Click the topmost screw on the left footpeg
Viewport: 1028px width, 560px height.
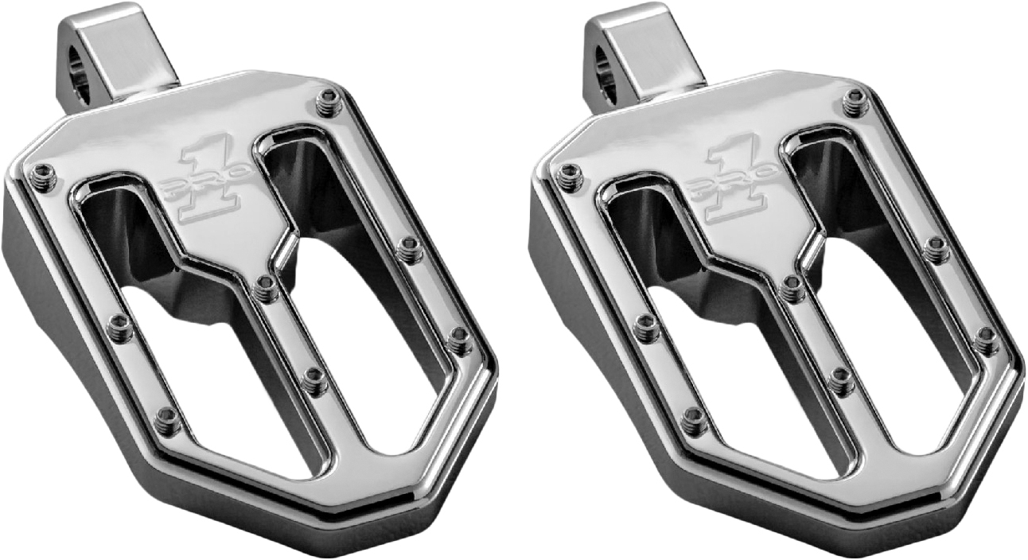327,102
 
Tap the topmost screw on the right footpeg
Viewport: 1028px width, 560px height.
855,102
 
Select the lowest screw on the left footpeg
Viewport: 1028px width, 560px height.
168,420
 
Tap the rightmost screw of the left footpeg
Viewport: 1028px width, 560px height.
460,340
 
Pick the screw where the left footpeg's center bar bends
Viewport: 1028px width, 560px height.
266,289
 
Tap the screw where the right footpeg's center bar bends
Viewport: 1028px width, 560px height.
792,289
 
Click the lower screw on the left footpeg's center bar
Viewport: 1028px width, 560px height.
315,381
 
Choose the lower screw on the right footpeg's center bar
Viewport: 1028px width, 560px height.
842,381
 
